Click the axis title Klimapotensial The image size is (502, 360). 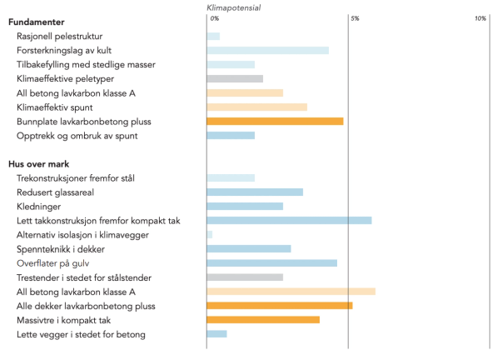tap(233, 7)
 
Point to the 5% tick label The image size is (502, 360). tap(354, 18)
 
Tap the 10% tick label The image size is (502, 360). tap(480, 18)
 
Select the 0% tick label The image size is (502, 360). tap(215, 18)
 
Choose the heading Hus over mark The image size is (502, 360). tap(41, 164)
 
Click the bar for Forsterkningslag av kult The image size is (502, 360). tap(267, 50)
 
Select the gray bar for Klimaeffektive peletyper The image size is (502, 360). tap(235, 78)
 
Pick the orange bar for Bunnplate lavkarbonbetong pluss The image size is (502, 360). tap(275, 121)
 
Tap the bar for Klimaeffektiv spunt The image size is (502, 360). tap(256, 107)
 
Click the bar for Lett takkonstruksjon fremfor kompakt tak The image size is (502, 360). tap(289, 220)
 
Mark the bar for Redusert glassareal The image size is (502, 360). tap(255, 192)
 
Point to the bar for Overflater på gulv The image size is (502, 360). tap(271, 262)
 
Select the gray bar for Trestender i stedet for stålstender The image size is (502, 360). tap(245, 277)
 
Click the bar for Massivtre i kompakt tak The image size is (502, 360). tap(263, 319)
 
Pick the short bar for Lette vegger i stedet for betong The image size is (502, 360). tap(216, 333)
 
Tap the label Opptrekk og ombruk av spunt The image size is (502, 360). tap(77, 136)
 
